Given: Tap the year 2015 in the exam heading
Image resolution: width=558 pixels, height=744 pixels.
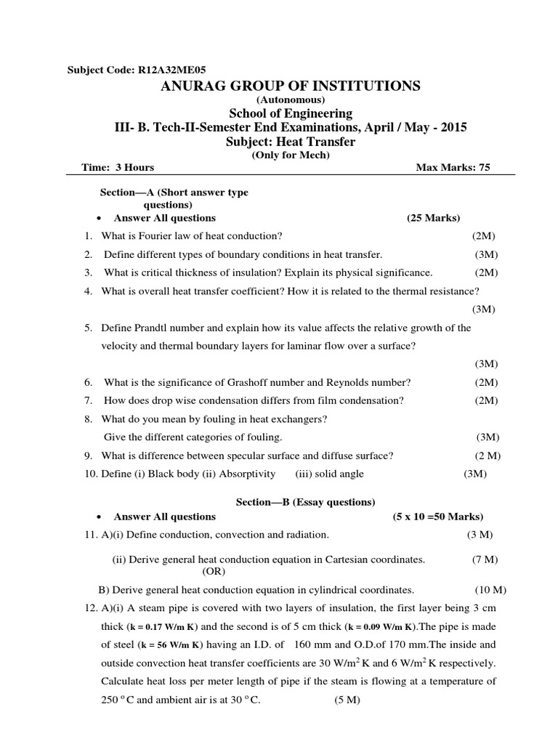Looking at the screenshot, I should [453, 127].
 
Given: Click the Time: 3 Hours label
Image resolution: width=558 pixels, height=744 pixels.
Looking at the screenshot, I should [118, 168].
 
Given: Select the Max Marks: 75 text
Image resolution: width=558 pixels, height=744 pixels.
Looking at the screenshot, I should [453, 168].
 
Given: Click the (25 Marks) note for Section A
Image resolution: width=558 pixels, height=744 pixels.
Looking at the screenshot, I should [434, 218].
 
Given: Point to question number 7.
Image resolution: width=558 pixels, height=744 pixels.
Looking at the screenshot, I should [87, 400].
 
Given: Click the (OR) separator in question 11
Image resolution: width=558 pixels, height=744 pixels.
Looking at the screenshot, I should [215, 571].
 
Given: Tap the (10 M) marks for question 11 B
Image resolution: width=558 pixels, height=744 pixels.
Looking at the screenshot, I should [490, 589].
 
